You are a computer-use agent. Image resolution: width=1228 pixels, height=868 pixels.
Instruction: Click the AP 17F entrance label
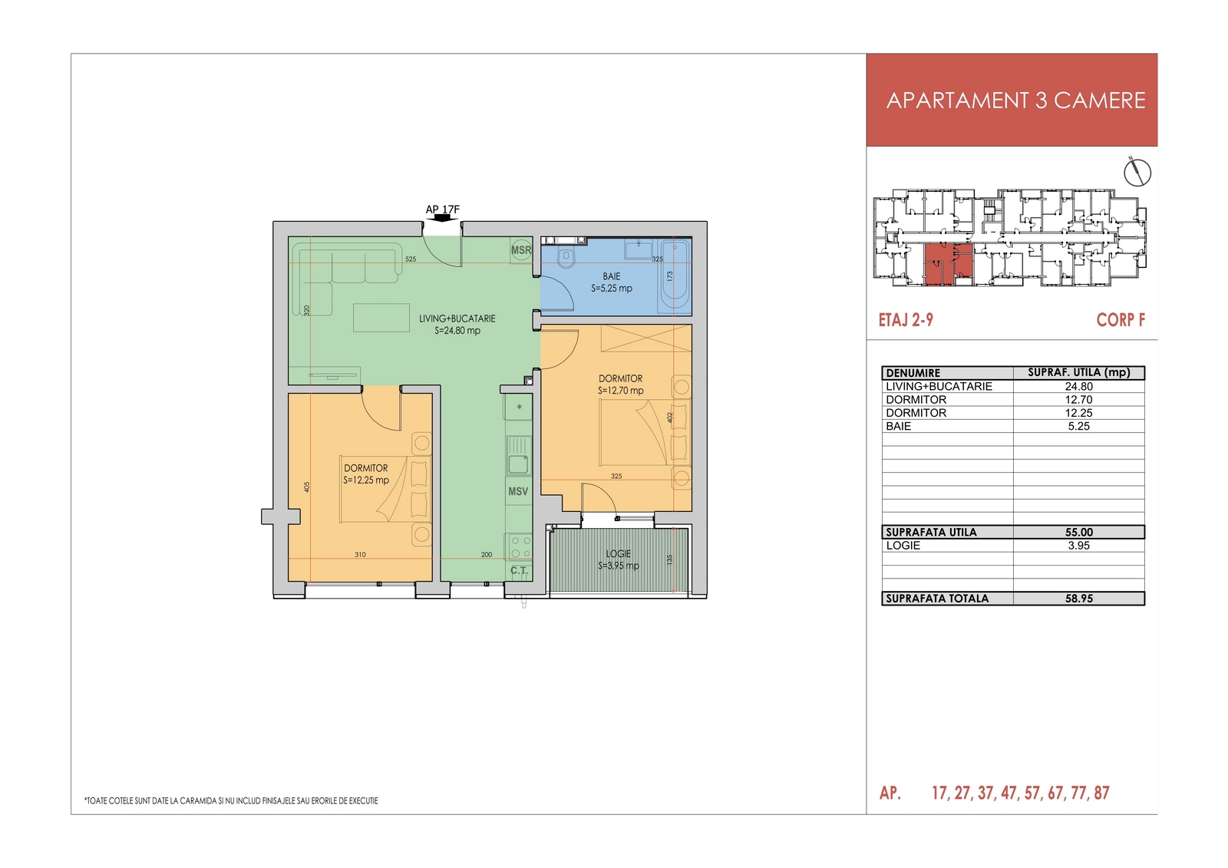[442, 210]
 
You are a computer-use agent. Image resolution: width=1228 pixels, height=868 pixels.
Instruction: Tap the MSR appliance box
[521, 250]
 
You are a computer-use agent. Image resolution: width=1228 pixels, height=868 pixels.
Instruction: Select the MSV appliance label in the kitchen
[518, 491]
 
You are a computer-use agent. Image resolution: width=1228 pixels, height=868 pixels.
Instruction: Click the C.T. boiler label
[519, 570]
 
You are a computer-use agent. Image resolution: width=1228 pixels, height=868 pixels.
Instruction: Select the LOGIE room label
[619, 554]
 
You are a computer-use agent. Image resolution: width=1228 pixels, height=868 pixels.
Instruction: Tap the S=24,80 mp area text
[457, 331]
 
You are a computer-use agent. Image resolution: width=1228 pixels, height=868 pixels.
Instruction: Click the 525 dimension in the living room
[411, 259]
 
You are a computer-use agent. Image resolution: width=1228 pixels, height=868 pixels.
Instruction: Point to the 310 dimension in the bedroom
[360, 554]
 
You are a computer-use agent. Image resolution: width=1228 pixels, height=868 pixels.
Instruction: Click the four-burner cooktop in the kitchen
[519, 546]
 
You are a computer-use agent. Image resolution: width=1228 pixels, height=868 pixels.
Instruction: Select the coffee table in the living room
[381, 318]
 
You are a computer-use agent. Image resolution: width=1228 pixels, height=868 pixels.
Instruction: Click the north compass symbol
[1137, 173]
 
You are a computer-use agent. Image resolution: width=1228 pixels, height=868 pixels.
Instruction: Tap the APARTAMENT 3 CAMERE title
[1016, 101]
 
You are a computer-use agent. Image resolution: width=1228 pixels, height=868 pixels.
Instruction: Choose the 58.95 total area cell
[1079, 598]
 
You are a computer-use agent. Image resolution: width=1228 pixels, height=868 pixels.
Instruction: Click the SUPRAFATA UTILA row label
[932, 532]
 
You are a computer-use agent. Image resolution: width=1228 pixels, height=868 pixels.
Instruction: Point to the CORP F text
[1121, 320]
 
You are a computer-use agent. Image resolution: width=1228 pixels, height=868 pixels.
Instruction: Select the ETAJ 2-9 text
[906, 320]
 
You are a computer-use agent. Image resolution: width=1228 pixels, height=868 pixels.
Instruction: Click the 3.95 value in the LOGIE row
[1079, 545]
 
